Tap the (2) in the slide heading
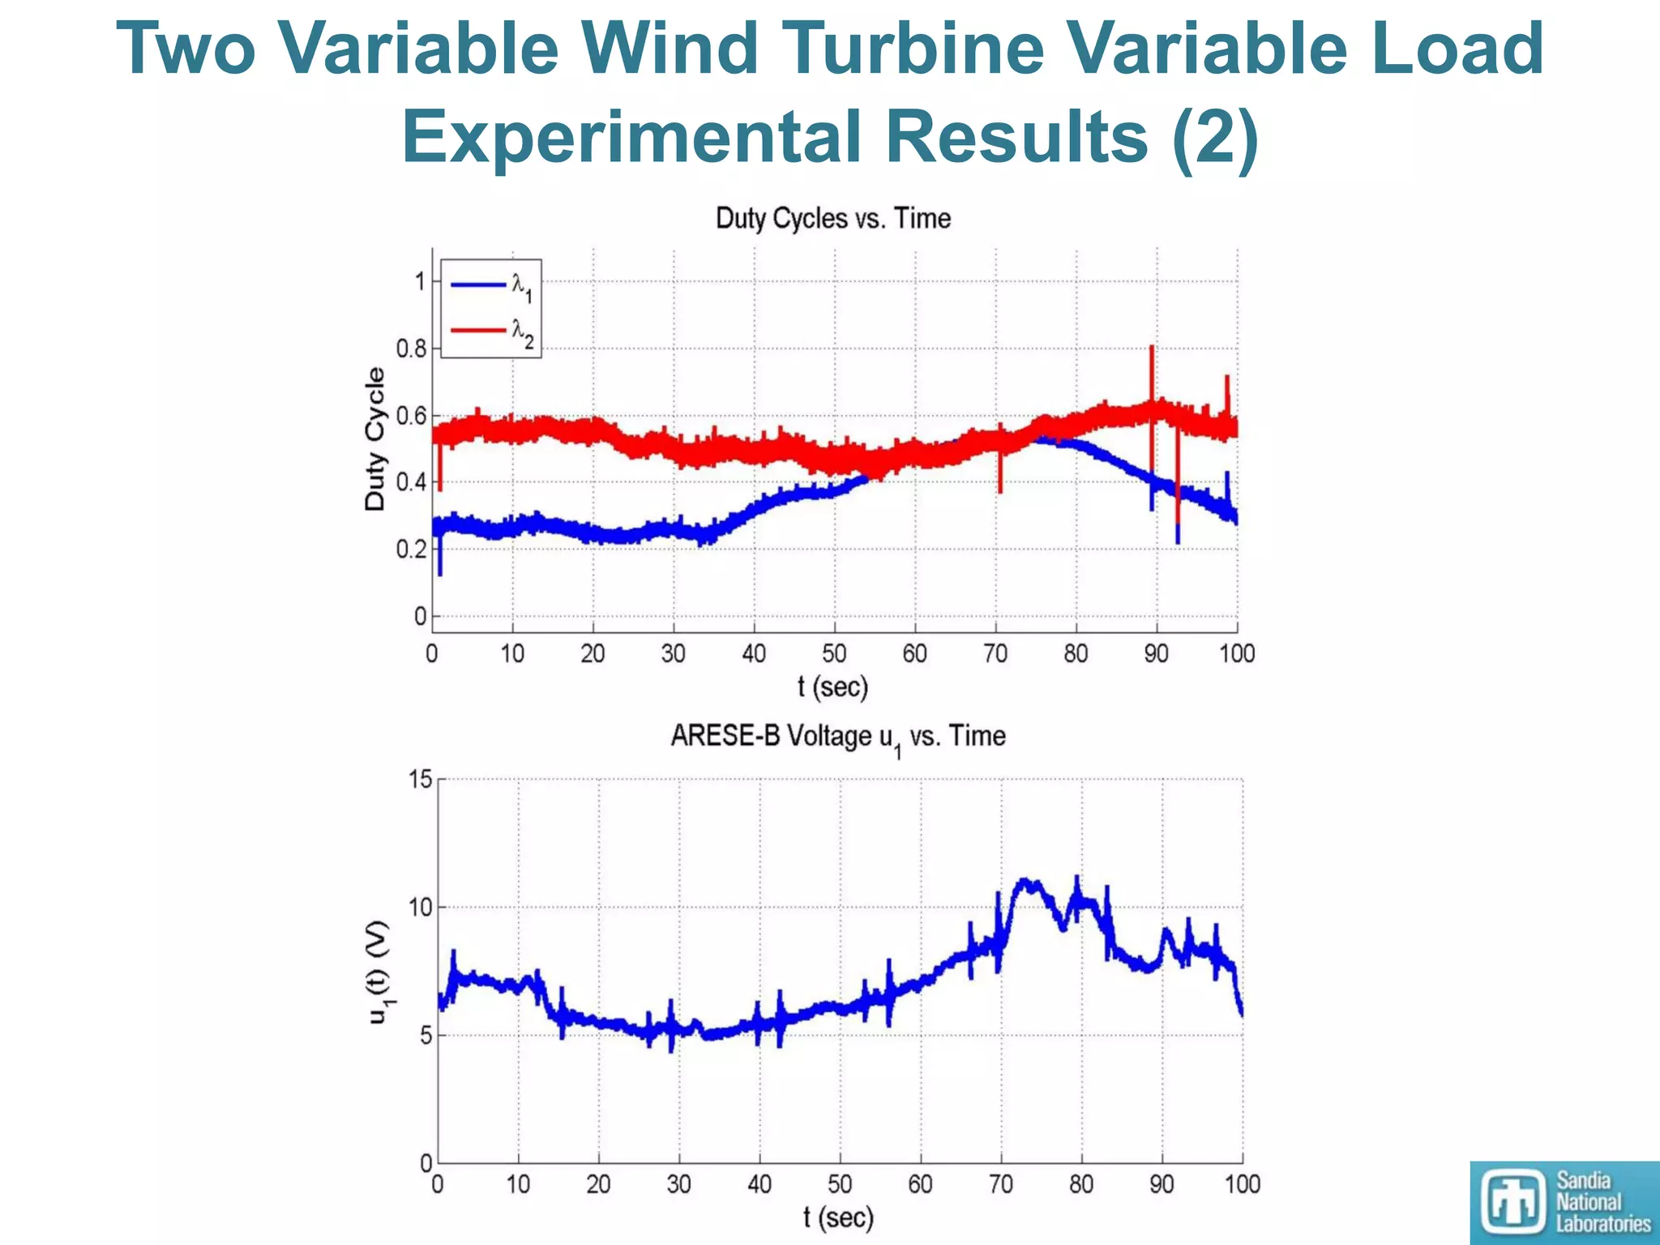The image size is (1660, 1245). point(1215,136)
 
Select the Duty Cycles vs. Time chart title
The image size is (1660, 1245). point(832,219)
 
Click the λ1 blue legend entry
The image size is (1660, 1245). point(490,285)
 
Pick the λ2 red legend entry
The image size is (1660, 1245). point(490,331)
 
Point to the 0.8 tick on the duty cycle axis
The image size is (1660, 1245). point(410,349)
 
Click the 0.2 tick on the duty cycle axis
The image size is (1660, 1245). point(410,550)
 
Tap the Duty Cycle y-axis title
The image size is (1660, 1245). point(374,439)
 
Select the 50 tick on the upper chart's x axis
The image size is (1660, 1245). point(834,654)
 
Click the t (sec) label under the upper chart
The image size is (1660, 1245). point(832,687)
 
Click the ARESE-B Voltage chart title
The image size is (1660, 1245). point(837,737)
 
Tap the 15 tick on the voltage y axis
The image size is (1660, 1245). point(421,780)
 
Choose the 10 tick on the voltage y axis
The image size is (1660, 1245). point(421,908)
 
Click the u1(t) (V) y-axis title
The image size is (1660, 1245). point(379,972)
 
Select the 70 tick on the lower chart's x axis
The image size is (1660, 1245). point(1000,1185)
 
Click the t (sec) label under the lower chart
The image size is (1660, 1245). point(838,1217)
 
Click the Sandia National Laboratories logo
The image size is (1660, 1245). point(1564,1202)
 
